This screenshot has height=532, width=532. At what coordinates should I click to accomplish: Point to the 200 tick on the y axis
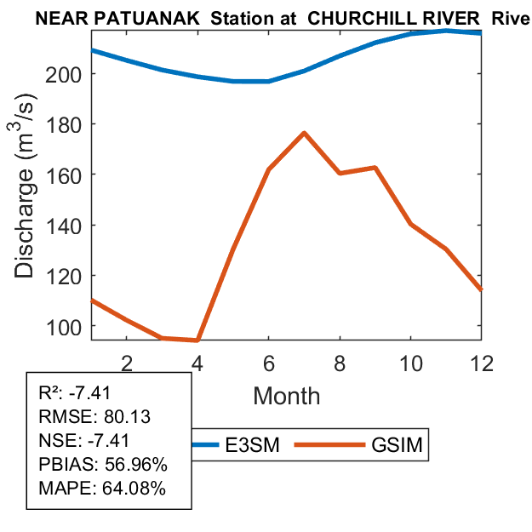click(x=69, y=74)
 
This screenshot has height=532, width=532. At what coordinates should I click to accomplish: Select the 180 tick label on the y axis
click(x=69, y=124)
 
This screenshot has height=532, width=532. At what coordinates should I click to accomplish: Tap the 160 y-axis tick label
click(x=69, y=174)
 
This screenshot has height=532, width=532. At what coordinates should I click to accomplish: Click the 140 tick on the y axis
click(x=69, y=226)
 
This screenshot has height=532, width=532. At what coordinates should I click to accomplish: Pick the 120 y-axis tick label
click(x=69, y=276)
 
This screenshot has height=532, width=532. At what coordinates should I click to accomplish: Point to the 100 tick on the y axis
click(x=69, y=326)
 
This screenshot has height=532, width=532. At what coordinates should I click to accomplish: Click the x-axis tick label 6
click(x=268, y=362)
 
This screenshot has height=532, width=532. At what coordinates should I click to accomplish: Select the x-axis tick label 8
click(x=340, y=362)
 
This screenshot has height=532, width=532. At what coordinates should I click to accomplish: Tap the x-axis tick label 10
click(x=410, y=362)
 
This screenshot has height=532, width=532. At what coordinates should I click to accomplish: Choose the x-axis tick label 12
click(x=481, y=362)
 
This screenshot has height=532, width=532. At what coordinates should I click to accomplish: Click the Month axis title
click(x=286, y=396)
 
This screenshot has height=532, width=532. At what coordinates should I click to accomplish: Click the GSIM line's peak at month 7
click(x=304, y=133)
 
